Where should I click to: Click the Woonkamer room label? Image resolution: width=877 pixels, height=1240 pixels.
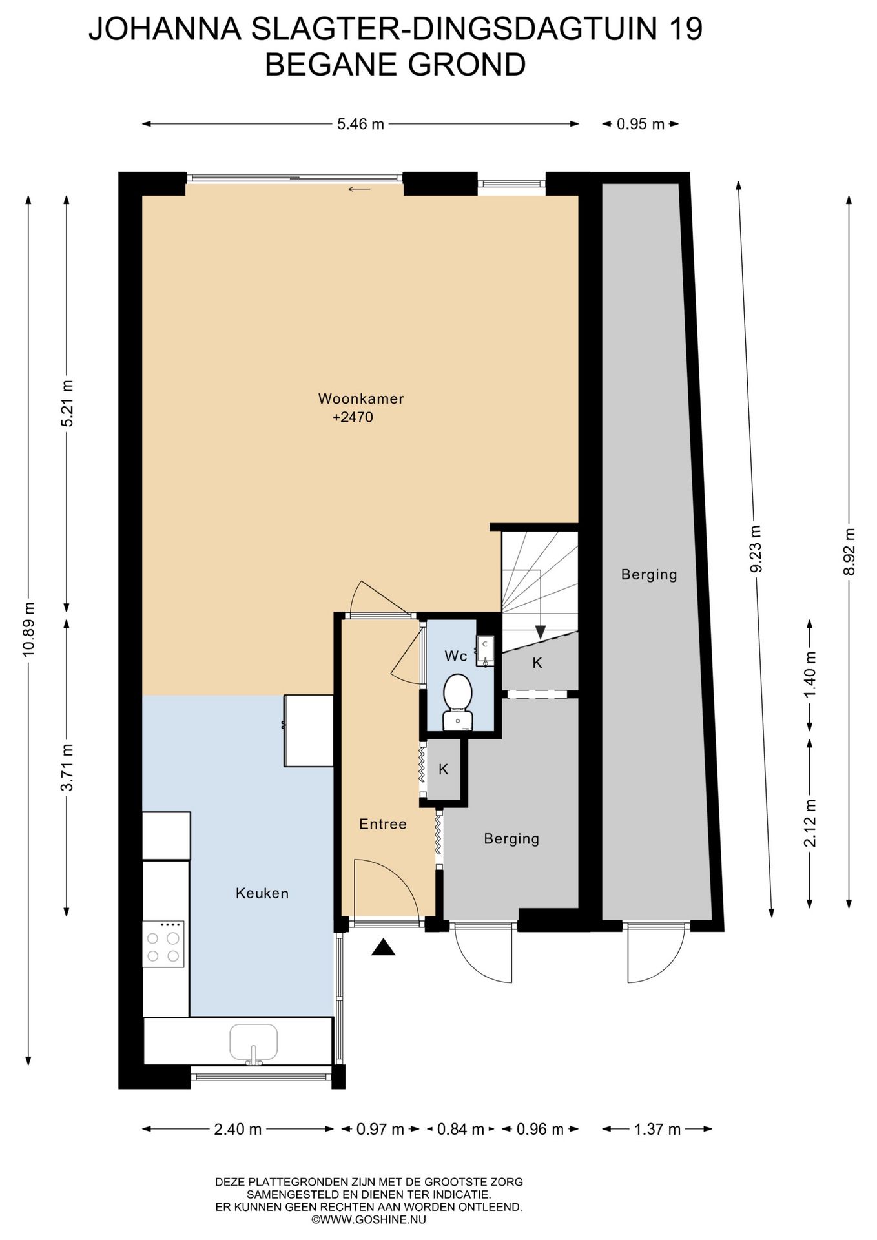tap(361, 398)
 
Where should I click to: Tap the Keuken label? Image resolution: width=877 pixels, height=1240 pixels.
tap(262, 893)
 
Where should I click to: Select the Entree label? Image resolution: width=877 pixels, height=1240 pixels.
tap(383, 824)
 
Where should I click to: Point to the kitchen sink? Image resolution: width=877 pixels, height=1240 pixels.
tap(254, 1042)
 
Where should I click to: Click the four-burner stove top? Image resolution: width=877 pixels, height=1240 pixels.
tap(163, 944)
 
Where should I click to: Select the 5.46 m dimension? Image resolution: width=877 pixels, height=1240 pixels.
tap(360, 124)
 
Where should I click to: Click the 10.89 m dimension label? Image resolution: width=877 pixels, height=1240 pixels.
tap(29, 628)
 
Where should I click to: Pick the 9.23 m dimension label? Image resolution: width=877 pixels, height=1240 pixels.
tap(756, 548)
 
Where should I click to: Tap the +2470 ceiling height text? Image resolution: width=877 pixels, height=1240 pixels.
tap(353, 417)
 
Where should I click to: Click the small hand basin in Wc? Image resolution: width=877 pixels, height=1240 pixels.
tap(485, 650)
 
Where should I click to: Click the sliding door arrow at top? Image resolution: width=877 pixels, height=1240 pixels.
tap(359, 189)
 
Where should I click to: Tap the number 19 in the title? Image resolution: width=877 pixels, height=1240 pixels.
tap(684, 30)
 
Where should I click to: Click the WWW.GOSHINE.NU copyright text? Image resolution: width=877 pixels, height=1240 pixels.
tap(369, 1219)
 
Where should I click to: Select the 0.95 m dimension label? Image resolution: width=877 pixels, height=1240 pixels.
tap(640, 124)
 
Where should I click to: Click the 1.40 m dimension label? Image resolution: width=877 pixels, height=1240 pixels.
tap(810, 674)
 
